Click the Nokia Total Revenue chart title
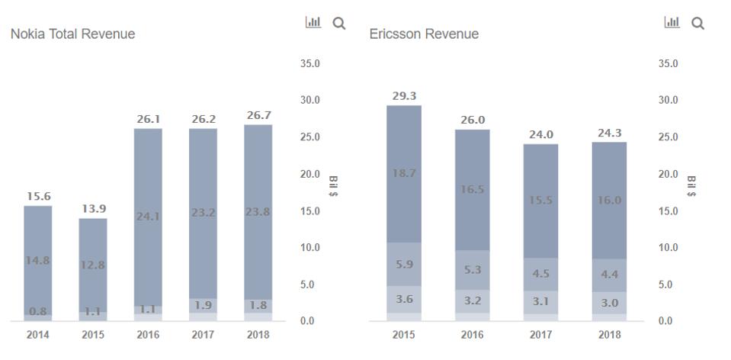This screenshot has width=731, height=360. (x=72, y=34)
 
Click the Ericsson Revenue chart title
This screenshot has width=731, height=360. (x=424, y=34)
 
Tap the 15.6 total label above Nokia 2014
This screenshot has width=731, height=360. (x=37, y=196)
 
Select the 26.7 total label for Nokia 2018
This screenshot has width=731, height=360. (x=258, y=115)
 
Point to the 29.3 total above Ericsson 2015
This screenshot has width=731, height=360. (x=403, y=96)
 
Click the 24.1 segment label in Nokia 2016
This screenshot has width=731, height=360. (x=148, y=216)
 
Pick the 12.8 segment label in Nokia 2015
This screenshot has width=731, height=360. (x=92, y=265)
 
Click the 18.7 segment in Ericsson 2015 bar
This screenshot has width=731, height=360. (x=403, y=174)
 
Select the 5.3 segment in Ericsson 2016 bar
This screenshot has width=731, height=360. (x=473, y=269)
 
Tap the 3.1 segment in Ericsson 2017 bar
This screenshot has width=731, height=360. (x=540, y=301)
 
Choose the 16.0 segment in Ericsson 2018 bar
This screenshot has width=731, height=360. (x=609, y=200)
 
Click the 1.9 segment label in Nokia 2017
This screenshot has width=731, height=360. (x=203, y=305)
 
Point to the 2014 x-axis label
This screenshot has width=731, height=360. (x=37, y=335)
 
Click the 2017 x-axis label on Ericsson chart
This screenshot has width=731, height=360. (x=540, y=335)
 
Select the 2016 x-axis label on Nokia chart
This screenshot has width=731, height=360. (x=148, y=335)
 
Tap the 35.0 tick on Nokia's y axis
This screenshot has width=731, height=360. (x=309, y=63)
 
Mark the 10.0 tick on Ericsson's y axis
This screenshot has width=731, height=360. (x=668, y=248)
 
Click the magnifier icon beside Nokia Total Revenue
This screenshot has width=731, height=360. (x=339, y=24)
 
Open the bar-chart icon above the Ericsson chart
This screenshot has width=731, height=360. (x=672, y=23)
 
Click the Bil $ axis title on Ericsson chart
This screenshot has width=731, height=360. (x=691, y=186)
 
